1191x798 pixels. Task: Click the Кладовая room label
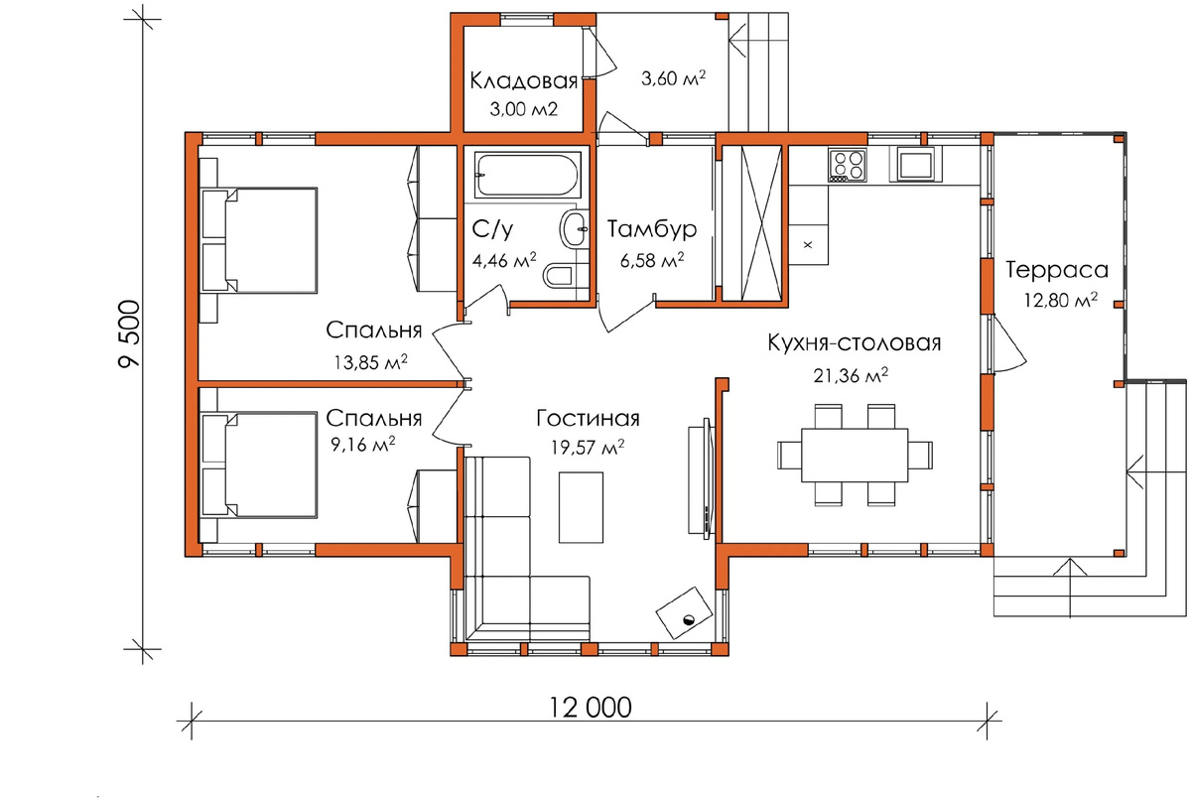point(524,81)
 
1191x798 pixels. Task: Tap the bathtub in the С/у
point(526,175)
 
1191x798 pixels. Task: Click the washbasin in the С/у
point(574,228)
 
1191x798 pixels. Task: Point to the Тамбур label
point(652,229)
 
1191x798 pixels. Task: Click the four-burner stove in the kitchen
point(848,165)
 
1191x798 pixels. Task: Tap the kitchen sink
point(914,164)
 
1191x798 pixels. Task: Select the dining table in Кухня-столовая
point(855,456)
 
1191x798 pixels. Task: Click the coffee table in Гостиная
point(581,507)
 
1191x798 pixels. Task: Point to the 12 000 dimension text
point(590,708)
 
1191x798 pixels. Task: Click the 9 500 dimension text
point(129,333)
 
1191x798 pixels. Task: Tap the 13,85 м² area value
point(370,362)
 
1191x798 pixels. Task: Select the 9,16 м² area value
point(362,444)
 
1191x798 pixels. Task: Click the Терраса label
point(1056,270)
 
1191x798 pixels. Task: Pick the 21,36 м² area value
point(851,375)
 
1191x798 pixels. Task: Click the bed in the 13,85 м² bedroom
point(259,240)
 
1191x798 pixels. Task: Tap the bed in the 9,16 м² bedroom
point(259,465)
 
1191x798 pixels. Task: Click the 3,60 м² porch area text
point(674,78)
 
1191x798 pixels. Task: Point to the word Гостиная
point(588,419)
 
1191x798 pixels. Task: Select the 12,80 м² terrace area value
point(1061,300)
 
